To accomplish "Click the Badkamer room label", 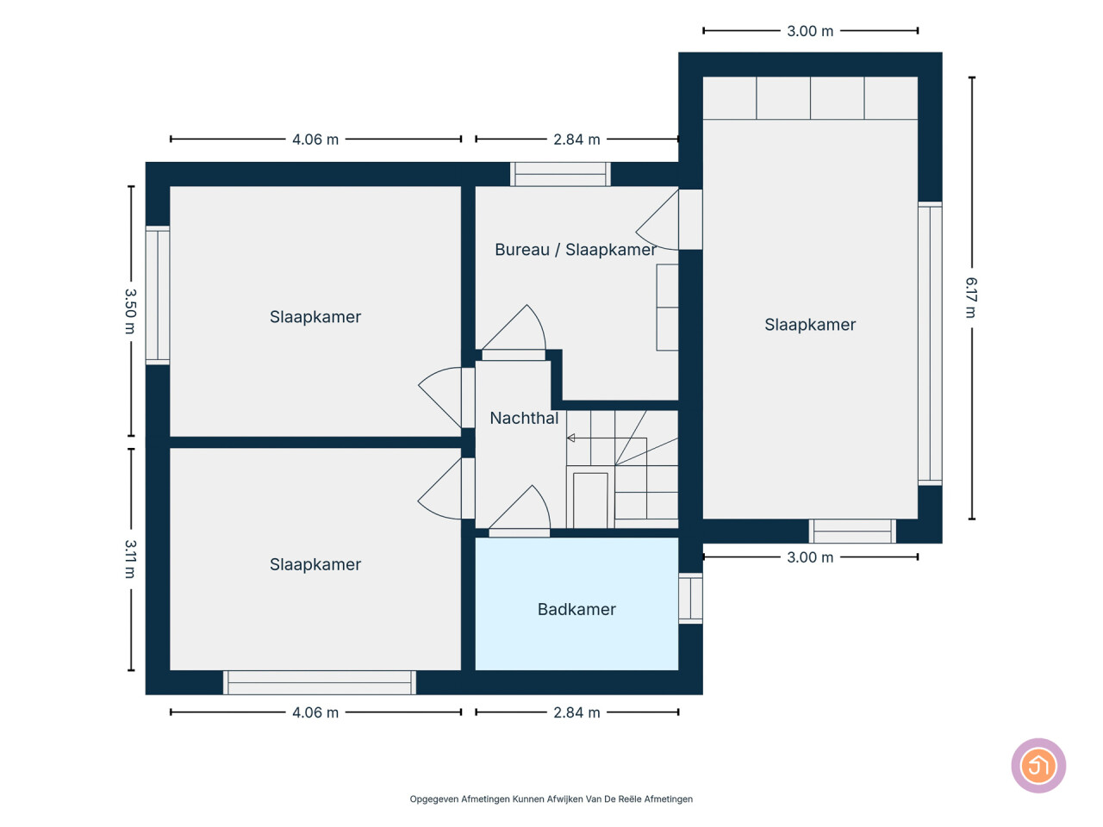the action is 576,609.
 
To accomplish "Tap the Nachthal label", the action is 524,418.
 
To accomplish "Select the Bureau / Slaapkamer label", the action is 575,250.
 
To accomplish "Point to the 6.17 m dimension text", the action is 970,297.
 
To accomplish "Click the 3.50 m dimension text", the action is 130,311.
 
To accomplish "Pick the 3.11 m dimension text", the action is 130,559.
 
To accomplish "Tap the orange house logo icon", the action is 1038,765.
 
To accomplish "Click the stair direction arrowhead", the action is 570,438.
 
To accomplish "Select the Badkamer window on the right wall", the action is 690,598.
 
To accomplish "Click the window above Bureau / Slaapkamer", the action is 560,174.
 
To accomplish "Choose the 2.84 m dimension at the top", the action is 576,139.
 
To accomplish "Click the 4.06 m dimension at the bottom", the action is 315,712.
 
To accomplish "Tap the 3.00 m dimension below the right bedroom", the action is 809,557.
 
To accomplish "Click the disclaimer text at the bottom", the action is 551,799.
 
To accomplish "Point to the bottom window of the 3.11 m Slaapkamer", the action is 319,682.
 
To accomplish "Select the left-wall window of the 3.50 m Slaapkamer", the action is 158,295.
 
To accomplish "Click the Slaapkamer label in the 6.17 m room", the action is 809,325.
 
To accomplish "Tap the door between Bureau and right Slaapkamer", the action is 669,220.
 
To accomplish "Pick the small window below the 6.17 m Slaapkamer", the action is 852,532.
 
